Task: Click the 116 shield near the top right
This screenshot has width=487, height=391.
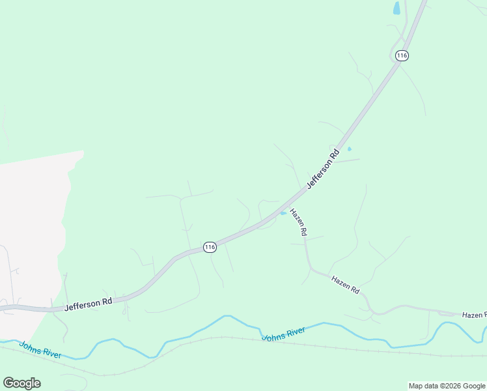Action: pos(402,55)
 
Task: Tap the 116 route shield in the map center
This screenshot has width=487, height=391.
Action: pos(209,247)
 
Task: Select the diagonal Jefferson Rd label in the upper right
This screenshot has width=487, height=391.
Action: pos(324,169)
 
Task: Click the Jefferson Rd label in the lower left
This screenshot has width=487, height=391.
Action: pos(89,303)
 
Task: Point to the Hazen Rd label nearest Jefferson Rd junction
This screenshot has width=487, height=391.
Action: pos(298,222)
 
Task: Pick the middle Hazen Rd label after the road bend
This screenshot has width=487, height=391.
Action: pos(345,285)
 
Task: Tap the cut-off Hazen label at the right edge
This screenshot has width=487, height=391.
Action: pos(474,315)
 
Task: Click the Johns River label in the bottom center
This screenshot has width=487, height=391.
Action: pos(284,334)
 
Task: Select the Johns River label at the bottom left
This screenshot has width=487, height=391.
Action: pos(40,350)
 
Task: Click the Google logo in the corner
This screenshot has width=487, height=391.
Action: pos(21,383)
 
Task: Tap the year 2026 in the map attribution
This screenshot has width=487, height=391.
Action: pos(451,386)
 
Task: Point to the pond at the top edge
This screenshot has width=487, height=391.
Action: pos(397,8)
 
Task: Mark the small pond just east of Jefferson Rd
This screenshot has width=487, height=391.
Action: pos(349,149)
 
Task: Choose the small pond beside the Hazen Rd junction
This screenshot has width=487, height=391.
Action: pos(283,212)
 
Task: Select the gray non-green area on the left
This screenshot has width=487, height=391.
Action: pos(29,215)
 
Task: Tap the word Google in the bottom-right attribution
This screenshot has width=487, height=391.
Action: pos(474,386)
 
